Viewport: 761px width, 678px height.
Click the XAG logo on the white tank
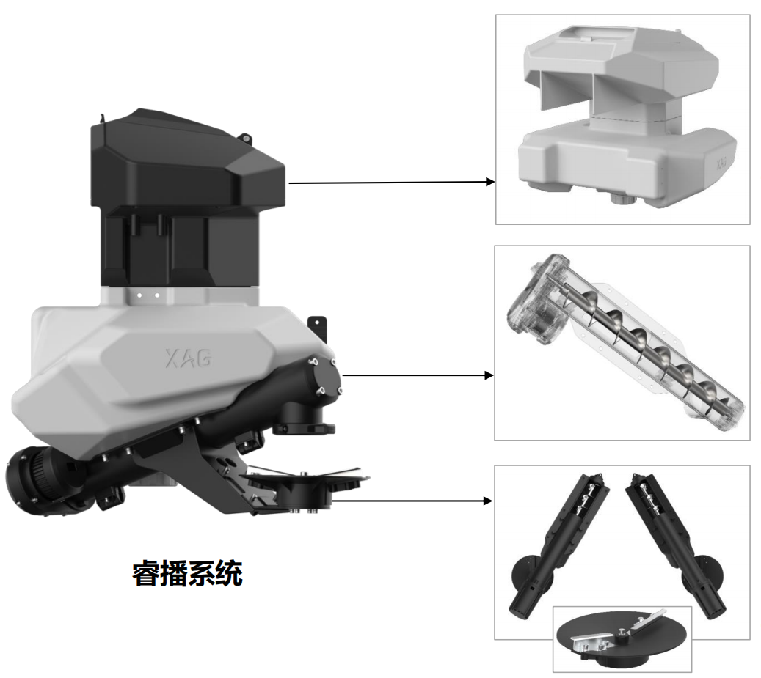coord(189,358)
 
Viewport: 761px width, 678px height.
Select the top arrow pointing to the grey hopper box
coord(392,183)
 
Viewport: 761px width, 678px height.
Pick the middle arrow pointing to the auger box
coord(418,375)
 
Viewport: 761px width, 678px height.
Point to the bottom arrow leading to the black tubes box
coord(412,501)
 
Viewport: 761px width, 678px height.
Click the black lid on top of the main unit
coord(187,160)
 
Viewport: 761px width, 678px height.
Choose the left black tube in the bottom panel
coord(558,545)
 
